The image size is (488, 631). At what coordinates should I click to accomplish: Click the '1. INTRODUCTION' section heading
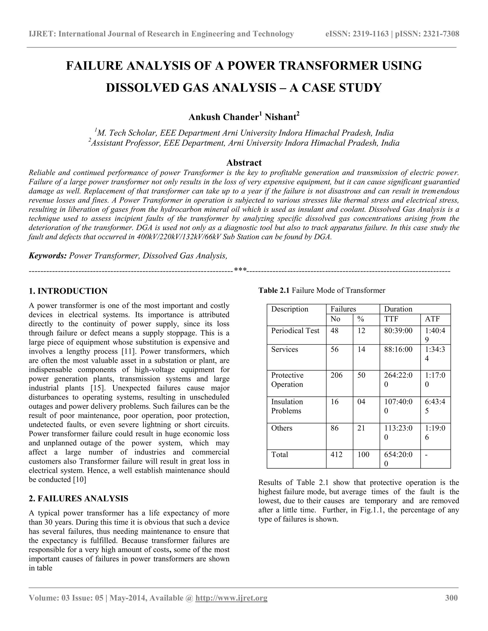68,291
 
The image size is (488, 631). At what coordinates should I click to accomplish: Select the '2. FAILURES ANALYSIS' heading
78,498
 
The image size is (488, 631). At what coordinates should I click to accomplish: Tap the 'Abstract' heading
244,163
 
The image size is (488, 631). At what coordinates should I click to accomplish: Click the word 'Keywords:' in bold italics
48,256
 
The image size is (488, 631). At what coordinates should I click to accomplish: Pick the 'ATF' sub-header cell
432,319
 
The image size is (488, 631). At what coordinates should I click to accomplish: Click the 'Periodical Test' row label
295,331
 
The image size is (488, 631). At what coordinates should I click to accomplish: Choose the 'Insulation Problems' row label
287,406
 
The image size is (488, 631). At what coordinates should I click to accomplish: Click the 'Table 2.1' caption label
274,290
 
